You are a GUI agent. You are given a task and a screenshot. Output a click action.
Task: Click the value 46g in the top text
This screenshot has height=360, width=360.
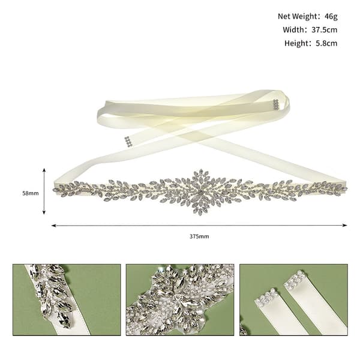coord(331,17)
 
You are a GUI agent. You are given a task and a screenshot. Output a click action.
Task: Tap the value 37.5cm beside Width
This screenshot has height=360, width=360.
coord(324,30)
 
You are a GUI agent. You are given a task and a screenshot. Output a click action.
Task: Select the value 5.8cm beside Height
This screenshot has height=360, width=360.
coord(326,43)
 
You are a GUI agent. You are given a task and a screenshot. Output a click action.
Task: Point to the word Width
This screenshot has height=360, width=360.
coord(293,30)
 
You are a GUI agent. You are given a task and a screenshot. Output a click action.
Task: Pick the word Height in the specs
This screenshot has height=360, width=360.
coord(296,43)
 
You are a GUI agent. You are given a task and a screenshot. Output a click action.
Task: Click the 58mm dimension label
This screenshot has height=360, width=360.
coord(31,193)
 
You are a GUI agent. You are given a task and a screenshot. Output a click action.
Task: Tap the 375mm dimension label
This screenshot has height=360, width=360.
coord(199,236)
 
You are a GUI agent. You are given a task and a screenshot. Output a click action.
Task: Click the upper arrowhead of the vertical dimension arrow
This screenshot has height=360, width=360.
coord(44,170)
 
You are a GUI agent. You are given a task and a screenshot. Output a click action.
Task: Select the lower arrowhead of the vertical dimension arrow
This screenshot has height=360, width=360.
coord(44,212)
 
